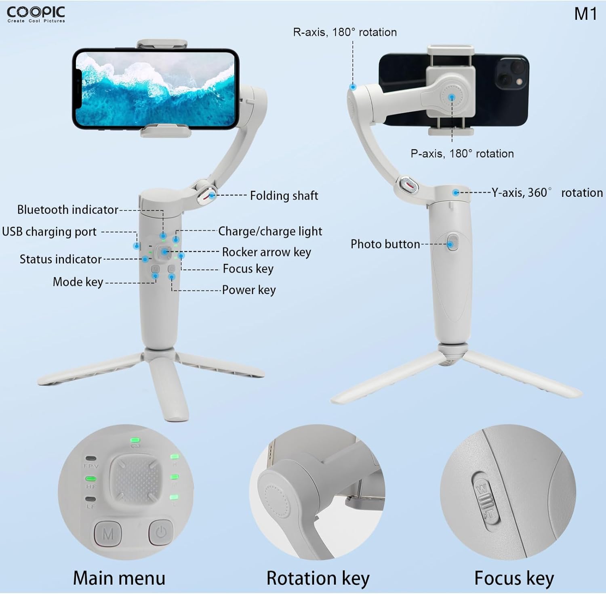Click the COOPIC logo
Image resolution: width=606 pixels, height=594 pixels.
tap(36, 14)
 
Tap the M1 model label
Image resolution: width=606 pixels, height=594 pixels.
tap(585, 14)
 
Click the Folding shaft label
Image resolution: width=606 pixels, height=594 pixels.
tap(284, 196)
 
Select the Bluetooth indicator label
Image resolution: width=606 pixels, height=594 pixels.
tap(67, 210)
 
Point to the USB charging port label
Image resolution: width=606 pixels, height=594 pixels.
tap(49, 232)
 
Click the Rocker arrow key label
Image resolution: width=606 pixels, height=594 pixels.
tap(266, 252)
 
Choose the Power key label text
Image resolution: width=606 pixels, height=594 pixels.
tap(249, 290)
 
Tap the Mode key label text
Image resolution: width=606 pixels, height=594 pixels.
tap(78, 282)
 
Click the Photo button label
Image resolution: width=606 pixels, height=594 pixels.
tap(385, 244)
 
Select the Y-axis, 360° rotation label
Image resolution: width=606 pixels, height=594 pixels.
tap(547, 193)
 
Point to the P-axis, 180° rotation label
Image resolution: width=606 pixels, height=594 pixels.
tap(462, 154)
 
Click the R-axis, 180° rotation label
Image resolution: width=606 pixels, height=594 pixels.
tap(345, 32)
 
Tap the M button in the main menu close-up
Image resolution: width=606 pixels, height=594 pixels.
tap(108, 534)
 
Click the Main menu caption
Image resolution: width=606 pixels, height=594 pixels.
tap(119, 578)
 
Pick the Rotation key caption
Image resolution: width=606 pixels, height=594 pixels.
tap(318, 578)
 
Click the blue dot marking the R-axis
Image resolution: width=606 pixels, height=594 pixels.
tap(353, 87)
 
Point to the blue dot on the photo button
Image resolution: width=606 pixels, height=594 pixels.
tap(450, 244)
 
